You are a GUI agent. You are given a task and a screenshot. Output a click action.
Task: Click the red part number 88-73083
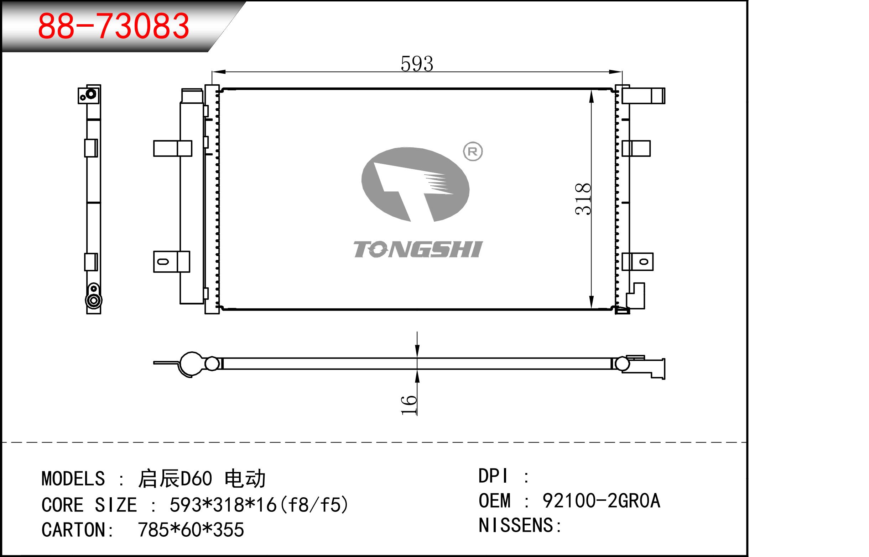[x=113, y=26]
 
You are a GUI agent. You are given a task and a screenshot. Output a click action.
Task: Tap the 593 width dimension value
[x=417, y=64]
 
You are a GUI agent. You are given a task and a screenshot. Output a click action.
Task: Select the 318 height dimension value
[x=583, y=199]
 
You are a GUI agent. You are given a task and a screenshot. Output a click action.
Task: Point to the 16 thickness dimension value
[x=409, y=405]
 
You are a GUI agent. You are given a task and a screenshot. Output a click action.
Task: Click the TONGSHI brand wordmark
[x=418, y=250]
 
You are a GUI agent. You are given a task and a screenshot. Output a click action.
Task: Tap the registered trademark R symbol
[x=473, y=152]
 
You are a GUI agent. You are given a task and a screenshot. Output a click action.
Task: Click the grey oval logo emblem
[x=415, y=184]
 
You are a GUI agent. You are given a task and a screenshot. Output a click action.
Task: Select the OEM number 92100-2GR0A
[x=601, y=501]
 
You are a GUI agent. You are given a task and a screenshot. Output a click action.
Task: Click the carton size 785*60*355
[x=191, y=530]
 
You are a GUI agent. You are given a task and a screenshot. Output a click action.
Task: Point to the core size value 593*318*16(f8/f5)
[x=259, y=505]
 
